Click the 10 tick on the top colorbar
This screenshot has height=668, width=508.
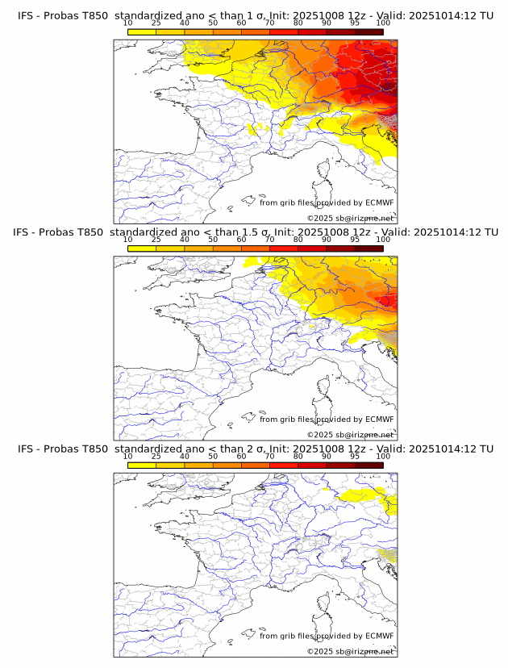pos(128,23)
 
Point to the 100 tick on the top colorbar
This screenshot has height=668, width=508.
pos(383,23)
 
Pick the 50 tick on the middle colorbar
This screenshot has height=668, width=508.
pos(213,240)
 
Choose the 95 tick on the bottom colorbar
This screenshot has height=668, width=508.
pos(355,456)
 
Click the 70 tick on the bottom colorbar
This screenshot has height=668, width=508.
pos(270,456)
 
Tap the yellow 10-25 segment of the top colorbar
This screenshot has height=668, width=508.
pos(142,31)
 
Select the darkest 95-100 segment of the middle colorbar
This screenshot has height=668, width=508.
pos(369,248)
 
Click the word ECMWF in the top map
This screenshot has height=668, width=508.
pos(380,203)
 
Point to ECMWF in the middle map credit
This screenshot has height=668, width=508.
pos(380,420)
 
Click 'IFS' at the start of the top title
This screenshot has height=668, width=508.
pos(26,17)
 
